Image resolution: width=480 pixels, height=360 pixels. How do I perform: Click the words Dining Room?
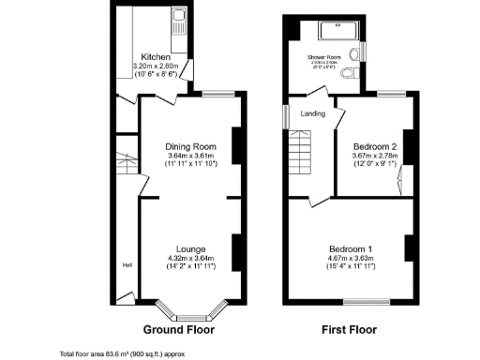point(191,146)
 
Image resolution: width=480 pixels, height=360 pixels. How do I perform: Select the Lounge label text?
point(191,248)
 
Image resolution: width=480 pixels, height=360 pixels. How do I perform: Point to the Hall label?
point(127,265)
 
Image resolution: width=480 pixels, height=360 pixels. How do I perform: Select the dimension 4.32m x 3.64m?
point(191,258)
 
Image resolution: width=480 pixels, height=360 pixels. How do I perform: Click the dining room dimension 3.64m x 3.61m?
point(191,156)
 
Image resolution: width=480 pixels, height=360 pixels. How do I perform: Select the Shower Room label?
point(323,57)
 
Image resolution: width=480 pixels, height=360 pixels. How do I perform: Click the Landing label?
point(313,113)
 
